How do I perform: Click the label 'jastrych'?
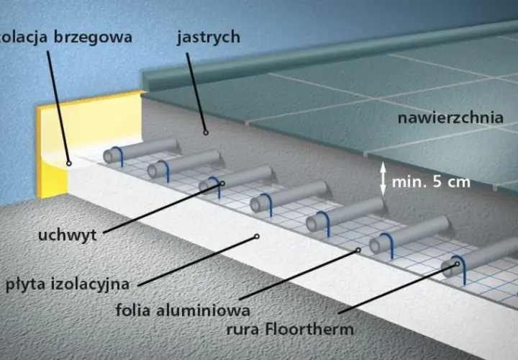tap(209, 37)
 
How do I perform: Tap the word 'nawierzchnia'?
tap(450, 118)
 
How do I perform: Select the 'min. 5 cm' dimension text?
tap(431, 182)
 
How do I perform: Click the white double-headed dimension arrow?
tap(383, 179)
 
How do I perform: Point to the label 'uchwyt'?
tap(68, 235)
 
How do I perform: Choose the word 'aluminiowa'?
tap(203, 310)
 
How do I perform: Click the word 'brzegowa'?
tap(93, 37)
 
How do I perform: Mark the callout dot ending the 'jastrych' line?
tap(206, 132)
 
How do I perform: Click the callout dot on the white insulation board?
tap(256, 236)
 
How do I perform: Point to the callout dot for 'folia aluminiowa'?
tap(358, 251)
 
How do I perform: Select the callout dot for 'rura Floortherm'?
tap(458, 264)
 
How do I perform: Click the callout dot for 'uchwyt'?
tap(222, 183)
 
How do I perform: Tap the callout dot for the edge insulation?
tap(69, 163)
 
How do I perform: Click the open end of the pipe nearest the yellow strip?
tap(109, 156)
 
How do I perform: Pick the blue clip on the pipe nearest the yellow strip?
tap(119, 156)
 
